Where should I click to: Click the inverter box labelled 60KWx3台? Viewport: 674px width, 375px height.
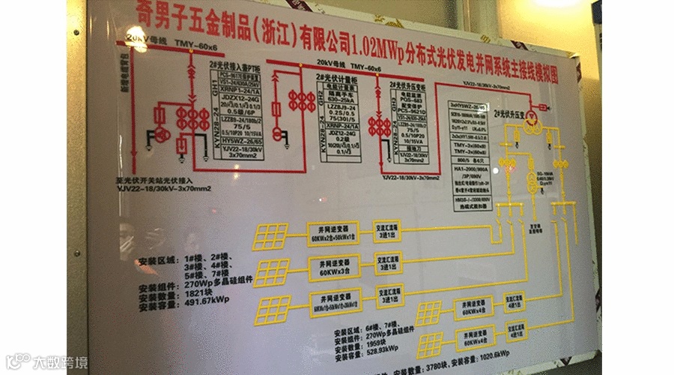tap(333, 267)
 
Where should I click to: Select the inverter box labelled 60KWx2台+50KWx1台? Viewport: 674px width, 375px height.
tap(333, 231)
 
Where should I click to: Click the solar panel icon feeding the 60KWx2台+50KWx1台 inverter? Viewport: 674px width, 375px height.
tap(270, 235)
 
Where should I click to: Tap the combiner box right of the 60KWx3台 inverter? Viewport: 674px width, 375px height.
tap(388, 264)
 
